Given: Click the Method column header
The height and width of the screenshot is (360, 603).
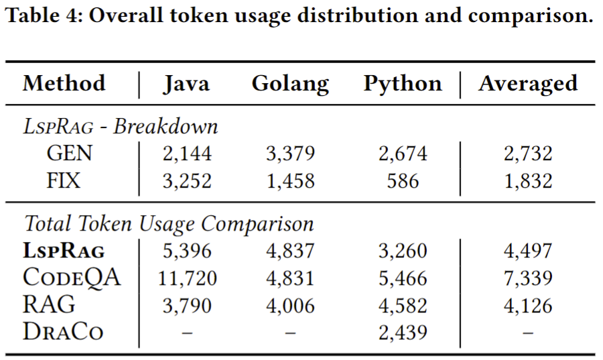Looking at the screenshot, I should [x=64, y=84].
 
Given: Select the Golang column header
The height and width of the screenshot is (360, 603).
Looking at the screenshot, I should [x=290, y=84].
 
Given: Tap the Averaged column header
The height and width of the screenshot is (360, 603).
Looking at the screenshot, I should [x=527, y=84].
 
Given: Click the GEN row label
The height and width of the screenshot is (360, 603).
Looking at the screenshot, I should [x=70, y=154].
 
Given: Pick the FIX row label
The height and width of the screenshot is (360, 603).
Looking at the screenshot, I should [x=64, y=180].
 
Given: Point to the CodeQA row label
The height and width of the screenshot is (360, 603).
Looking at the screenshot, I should [x=72, y=278].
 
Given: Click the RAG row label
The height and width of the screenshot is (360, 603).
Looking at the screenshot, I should [x=48, y=305].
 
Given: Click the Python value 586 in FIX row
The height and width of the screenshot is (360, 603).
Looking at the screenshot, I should [x=403, y=180].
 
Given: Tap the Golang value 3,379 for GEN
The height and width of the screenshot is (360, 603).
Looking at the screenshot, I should [x=290, y=154].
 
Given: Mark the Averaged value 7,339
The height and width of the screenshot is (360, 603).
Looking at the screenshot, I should [x=528, y=278].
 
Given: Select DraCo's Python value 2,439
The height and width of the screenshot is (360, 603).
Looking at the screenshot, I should [x=403, y=333].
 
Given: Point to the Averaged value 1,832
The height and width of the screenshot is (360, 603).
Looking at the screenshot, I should [x=528, y=180].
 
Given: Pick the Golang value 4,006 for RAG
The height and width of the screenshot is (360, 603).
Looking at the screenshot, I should [x=290, y=306].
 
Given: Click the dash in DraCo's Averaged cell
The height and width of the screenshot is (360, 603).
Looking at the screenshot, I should [x=528, y=333].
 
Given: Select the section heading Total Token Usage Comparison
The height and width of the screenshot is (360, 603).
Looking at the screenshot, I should [x=169, y=223].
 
